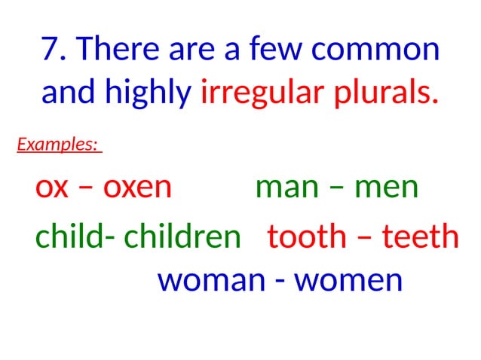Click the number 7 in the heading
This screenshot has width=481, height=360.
(51, 50)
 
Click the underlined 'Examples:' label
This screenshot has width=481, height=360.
(58, 144)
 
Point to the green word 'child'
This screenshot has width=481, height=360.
(69, 236)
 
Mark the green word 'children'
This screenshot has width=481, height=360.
(182, 236)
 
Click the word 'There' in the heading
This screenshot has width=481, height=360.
(123, 50)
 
